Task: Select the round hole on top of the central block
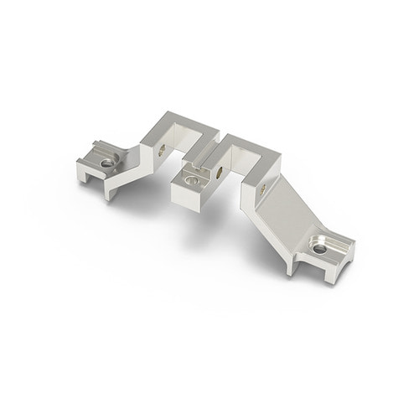tap(194, 177)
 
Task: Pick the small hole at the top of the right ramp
tap(266, 189)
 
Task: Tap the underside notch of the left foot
tap(96, 175)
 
